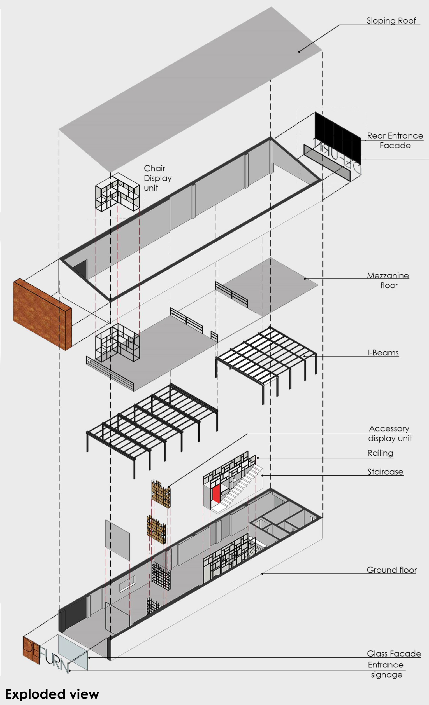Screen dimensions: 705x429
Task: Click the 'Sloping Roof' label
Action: coord(391,21)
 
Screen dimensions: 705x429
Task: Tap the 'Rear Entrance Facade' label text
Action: coord(395,140)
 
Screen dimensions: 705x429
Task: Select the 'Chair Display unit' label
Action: coord(157,178)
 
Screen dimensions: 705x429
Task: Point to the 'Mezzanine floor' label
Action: coord(388,280)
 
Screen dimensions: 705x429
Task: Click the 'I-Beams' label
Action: coord(383,353)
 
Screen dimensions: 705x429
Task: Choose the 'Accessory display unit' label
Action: coord(390,433)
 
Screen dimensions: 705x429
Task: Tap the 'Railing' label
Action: coord(380,453)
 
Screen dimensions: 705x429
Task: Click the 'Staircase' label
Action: coord(385,472)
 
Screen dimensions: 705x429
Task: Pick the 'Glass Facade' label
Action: coord(394,654)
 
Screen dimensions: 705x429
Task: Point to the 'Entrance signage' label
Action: coord(386,669)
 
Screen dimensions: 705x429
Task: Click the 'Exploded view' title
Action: coord(52,694)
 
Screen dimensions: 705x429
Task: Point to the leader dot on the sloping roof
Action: coord(299,51)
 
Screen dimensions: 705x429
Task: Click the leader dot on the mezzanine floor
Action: coord(305,278)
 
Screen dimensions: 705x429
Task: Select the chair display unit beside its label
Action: coord(117,192)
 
